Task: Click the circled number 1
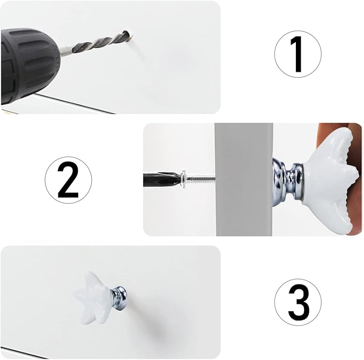click(x=298, y=54)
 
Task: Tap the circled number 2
click(x=68, y=180)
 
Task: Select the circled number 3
click(x=298, y=302)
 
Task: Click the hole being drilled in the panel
click(x=128, y=34)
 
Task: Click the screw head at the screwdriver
click(x=183, y=178)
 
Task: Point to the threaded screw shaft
click(x=200, y=178)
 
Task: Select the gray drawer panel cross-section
click(x=244, y=179)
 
